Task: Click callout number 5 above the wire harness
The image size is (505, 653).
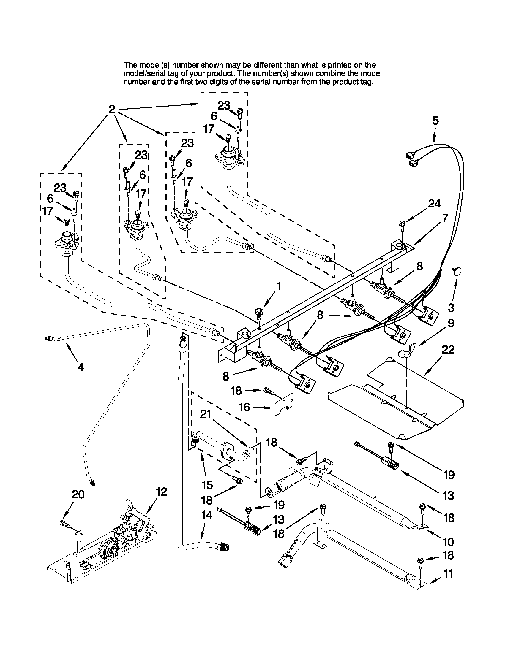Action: [x=435, y=121]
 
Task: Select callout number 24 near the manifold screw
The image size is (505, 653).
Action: [x=434, y=204]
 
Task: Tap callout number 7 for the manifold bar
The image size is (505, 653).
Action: [x=445, y=218]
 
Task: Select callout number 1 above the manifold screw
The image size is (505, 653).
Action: [x=279, y=287]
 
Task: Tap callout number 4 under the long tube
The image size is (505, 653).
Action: [x=81, y=367]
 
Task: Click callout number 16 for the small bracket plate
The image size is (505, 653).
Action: [x=244, y=407]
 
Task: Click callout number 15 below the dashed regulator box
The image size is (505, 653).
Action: [x=207, y=485]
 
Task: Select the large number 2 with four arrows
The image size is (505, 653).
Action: [x=111, y=110]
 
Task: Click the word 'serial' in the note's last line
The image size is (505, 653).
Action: [x=263, y=82]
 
